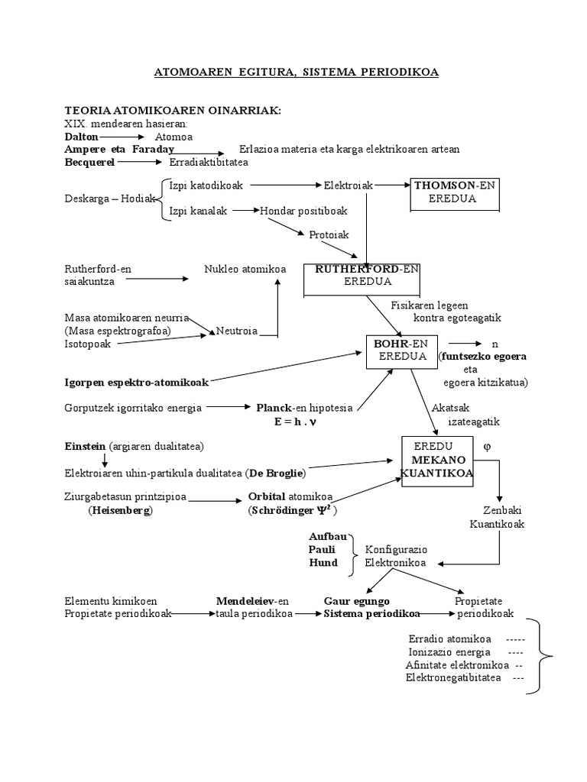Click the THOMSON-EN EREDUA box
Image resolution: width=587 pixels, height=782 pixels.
tap(456, 192)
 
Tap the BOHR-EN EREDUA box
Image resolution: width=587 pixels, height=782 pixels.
tap(400, 351)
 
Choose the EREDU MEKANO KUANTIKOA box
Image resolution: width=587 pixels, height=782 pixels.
tap(437, 460)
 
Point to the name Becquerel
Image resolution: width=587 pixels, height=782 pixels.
tap(89, 162)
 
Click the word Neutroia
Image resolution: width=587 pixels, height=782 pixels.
tap(237, 331)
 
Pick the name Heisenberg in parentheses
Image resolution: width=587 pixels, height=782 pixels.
tap(121, 510)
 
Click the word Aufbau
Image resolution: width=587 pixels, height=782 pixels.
tap(323, 537)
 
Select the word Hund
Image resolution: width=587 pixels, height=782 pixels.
tap(322, 563)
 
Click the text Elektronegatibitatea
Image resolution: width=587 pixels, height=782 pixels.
tap(454, 677)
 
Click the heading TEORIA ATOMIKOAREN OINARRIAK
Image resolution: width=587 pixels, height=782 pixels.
tap(174, 111)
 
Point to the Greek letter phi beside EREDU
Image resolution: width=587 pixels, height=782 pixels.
tap(487, 445)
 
